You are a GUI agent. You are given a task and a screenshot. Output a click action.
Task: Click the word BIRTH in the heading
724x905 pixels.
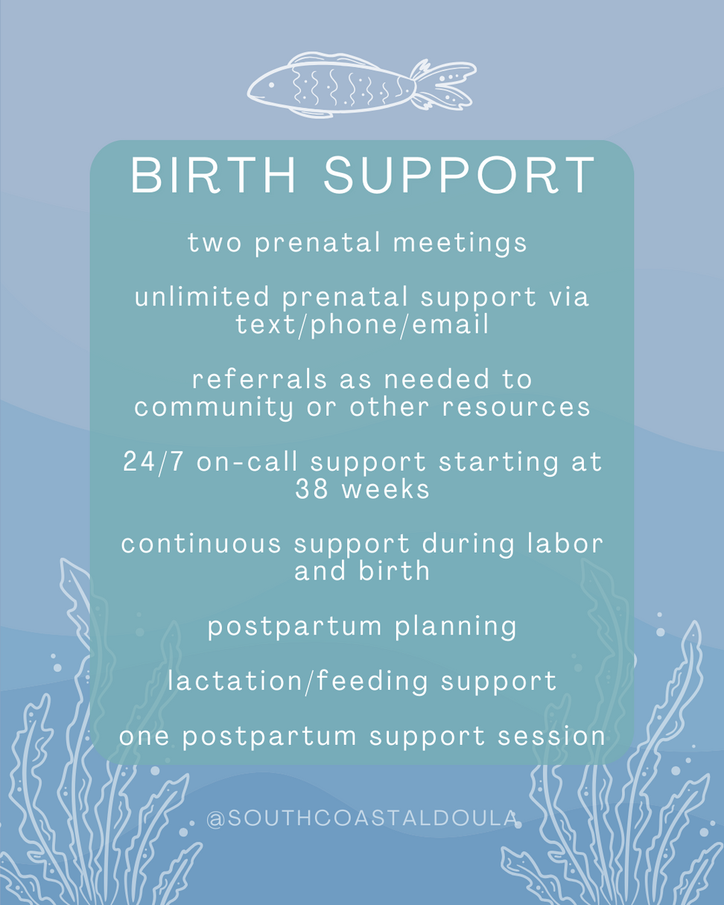tap(213, 175)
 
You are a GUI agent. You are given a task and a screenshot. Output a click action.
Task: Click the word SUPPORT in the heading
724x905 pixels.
tap(459, 175)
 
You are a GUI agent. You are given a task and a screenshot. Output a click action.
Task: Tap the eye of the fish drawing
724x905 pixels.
tap(271, 86)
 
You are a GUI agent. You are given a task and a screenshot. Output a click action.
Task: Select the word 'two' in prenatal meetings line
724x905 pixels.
tap(215, 244)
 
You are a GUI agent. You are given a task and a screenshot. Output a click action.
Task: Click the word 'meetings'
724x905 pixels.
tap(460, 244)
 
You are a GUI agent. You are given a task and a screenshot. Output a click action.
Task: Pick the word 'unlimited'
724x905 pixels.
tap(202, 296)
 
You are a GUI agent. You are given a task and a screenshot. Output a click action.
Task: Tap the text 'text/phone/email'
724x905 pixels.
tap(362, 324)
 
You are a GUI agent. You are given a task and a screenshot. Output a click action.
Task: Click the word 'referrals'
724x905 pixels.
tap(260, 379)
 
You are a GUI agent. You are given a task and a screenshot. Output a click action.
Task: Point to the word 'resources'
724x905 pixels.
tap(515, 407)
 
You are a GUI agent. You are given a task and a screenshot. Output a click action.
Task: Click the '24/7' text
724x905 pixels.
tap(153, 462)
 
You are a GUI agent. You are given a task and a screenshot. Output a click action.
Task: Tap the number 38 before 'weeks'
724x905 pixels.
tap(311, 489)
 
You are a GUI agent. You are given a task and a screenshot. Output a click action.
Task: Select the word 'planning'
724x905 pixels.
tap(455, 626)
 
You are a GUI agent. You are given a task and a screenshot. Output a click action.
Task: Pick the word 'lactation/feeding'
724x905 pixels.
tap(297, 681)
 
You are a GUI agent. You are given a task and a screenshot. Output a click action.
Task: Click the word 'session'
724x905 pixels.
tap(551, 737)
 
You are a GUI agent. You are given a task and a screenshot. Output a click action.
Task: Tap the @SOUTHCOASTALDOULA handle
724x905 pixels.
tap(362, 819)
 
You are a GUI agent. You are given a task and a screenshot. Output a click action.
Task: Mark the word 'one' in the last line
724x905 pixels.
tap(145, 737)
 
